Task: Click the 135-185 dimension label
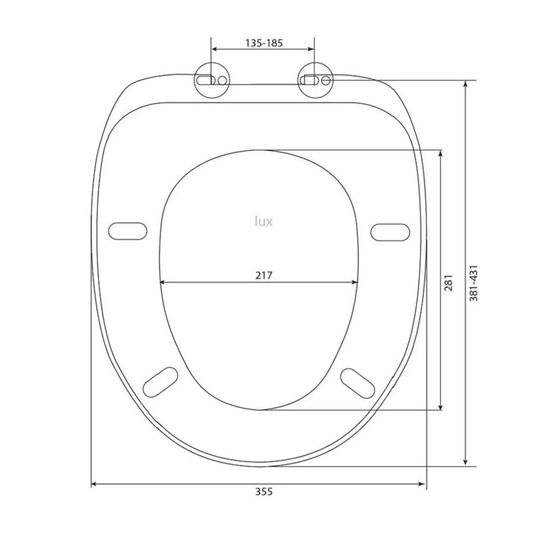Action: pyautogui.click(x=264, y=43)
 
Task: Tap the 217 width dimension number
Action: pyautogui.click(x=264, y=275)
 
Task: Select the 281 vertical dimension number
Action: pyautogui.click(x=448, y=283)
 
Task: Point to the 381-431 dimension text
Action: pyautogui.click(x=473, y=283)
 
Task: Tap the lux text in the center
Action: pyautogui.click(x=264, y=221)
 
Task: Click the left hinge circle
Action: pyautogui.click(x=211, y=81)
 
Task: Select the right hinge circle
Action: pyautogui.click(x=315, y=81)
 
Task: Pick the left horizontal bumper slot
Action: pyautogui.click(x=127, y=231)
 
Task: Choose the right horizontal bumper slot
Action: pyautogui.click(x=390, y=232)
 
